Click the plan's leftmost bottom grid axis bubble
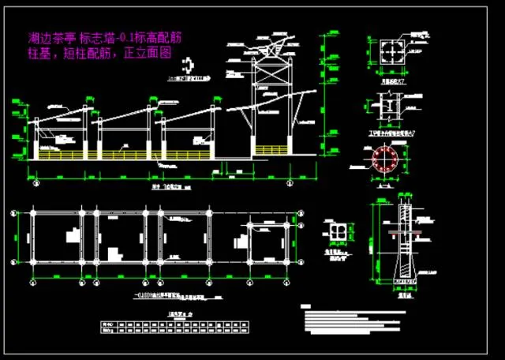(32, 282)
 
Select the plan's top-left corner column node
(32, 213)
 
